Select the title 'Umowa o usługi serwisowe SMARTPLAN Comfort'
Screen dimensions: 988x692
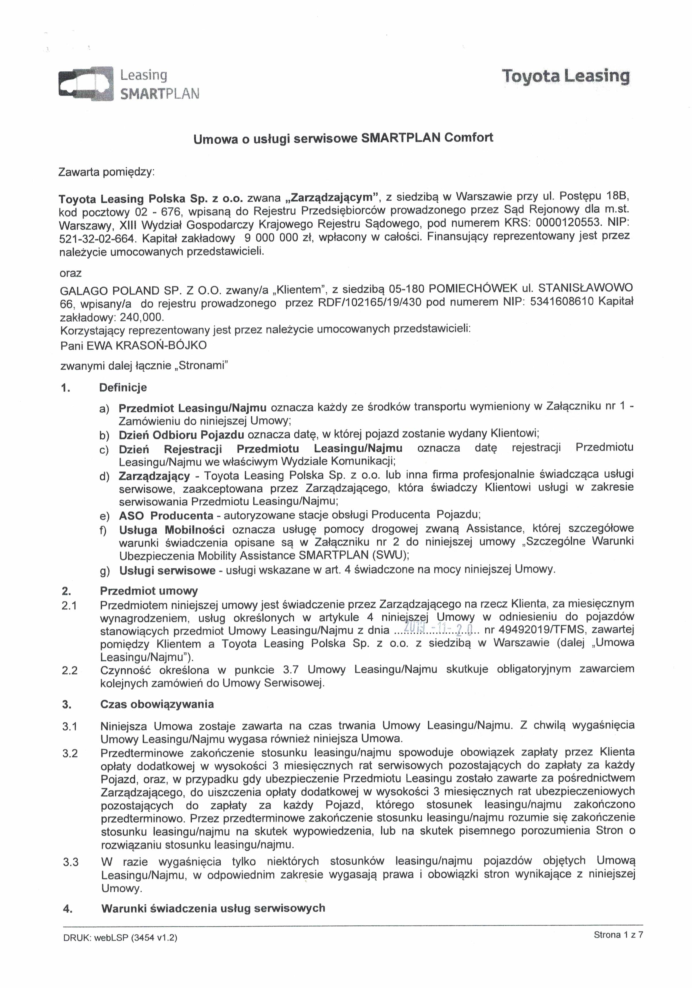coord(343,138)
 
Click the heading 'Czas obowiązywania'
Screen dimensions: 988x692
coord(157,705)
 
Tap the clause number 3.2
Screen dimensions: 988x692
coord(70,753)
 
